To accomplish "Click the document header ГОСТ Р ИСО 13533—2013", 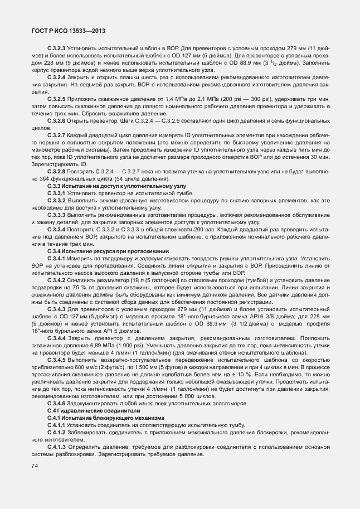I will (x=69, y=31).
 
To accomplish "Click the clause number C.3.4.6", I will (x=57, y=403).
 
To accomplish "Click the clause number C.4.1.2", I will (x=57, y=432).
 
